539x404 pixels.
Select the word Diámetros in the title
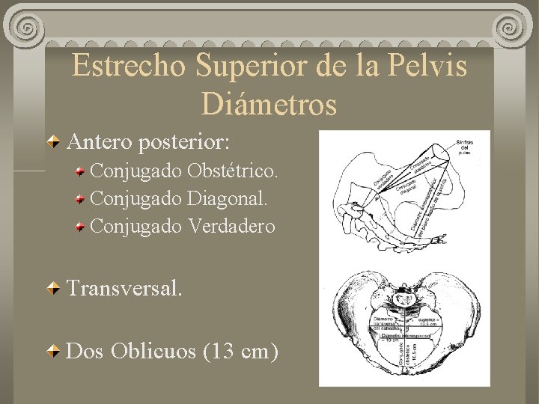269,104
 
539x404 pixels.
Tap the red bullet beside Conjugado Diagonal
79,200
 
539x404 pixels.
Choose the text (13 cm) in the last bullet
240,351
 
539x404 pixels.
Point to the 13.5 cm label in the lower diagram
428,323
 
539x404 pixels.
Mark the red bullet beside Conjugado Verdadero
79,227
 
